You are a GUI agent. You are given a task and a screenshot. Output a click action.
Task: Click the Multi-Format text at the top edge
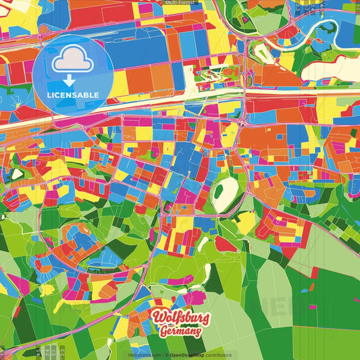tap(180, 3)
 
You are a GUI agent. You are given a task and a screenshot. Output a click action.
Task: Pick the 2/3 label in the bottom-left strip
tap(61, 352)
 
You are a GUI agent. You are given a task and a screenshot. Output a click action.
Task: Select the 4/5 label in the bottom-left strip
tap(38, 352)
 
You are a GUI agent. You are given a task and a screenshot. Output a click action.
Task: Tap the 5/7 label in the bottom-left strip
tap(53, 352)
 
